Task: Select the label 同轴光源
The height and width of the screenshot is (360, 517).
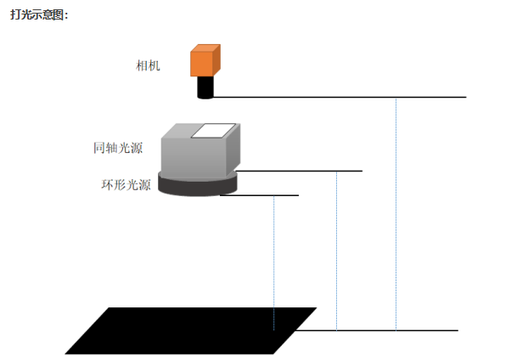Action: pyautogui.click(x=118, y=148)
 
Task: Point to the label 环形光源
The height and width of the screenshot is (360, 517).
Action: pyautogui.click(x=126, y=184)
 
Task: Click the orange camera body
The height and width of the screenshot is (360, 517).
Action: pyautogui.click(x=203, y=61)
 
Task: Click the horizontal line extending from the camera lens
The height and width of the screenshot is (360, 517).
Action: pyautogui.click(x=340, y=98)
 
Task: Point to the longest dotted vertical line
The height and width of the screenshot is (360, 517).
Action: pyautogui.click(x=396, y=212)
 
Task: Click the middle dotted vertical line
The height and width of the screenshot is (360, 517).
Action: pyautogui.click(x=337, y=250)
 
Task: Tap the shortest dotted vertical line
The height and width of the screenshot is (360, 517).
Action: pyautogui.click(x=274, y=263)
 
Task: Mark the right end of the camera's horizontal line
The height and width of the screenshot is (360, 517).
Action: pyautogui.click(x=465, y=98)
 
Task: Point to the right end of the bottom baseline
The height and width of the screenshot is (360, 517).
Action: pyautogui.click(x=457, y=329)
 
